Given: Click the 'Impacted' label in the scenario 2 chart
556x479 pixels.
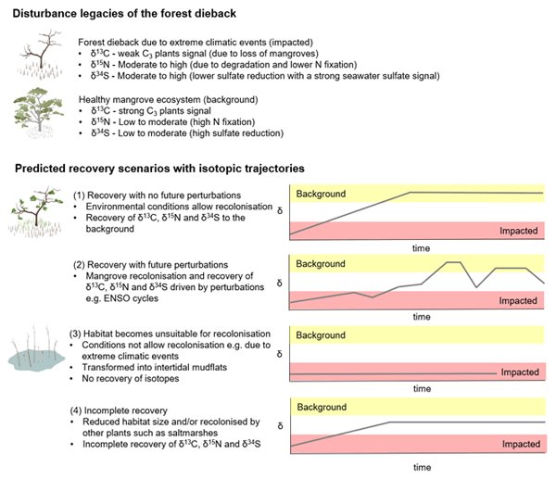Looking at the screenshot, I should tap(519, 301).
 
